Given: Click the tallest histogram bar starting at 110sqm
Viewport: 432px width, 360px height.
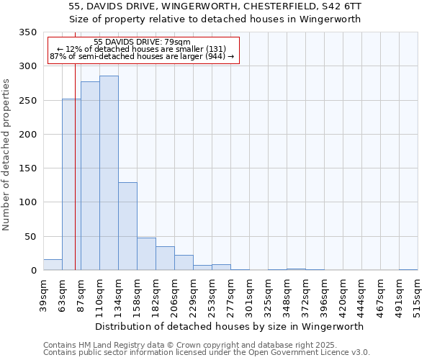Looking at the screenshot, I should click(109, 173).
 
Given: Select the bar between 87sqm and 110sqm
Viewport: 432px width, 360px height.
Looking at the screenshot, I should click(90, 176).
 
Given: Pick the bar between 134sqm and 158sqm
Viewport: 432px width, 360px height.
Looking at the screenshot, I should click(127, 226).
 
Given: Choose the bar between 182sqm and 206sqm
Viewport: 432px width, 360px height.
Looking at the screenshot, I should click(165, 258).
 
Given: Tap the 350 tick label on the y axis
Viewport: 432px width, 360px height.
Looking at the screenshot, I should click(28, 32).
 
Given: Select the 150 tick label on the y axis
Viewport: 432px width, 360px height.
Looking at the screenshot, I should click(28, 168).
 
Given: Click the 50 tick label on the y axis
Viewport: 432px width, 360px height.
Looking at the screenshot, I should click(31, 236).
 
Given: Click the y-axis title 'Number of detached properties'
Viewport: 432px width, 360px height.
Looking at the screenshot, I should click(7, 155).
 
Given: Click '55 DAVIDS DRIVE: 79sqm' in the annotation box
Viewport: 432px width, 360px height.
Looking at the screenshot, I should click(143, 42).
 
